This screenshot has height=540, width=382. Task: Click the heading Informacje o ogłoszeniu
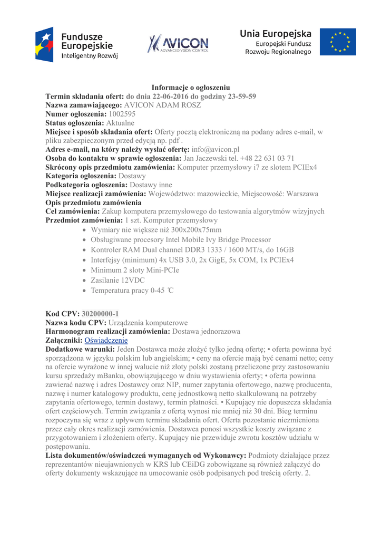point(191,87)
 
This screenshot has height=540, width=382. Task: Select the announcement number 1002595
point(122,113)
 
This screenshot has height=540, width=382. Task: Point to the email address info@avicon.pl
point(216,149)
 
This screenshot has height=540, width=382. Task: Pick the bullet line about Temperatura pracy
point(132,291)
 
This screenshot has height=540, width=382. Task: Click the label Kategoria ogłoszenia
point(81,176)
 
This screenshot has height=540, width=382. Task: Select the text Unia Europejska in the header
point(276,34)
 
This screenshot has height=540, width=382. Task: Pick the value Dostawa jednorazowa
point(207,331)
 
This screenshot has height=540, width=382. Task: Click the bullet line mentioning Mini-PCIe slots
point(135,271)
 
